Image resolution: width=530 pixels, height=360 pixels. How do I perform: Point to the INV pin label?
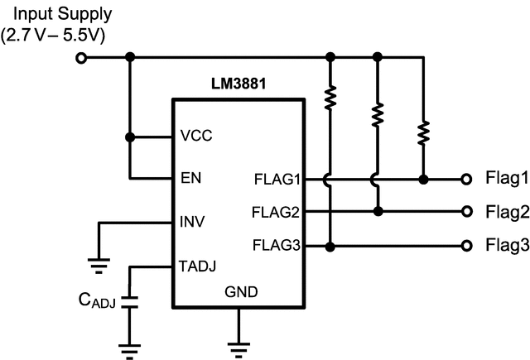pos(192,222)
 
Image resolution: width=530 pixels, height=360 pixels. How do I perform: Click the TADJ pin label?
pos(197,266)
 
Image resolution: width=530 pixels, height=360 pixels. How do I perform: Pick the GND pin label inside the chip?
pos(241,291)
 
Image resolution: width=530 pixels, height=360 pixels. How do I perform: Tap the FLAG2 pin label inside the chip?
pos(276,212)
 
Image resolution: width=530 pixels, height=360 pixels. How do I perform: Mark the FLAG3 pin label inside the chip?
pos(276,246)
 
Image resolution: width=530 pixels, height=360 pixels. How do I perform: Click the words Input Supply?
pos(56,15)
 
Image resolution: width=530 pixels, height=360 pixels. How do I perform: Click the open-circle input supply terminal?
pos(81,58)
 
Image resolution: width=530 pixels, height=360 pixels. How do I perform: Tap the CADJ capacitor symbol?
pos(128,302)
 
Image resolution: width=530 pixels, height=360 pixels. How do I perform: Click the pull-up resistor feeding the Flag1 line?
pos(423,132)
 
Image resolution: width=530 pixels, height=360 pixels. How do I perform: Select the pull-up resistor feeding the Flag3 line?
pos(330,98)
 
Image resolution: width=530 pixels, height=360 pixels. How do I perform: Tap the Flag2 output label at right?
pos(506,212)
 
